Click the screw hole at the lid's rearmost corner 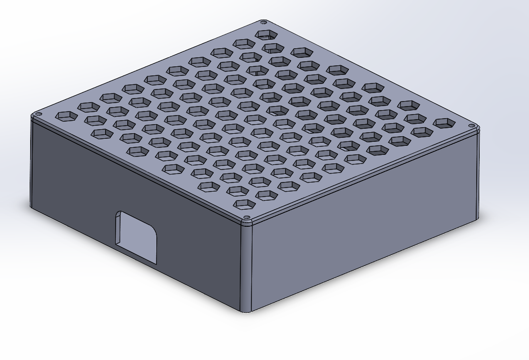click(263, 23)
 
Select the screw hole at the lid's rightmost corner click(471, 126)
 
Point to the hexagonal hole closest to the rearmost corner click(267, 35)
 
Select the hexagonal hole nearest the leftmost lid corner click(66, 116)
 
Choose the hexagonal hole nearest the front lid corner click(245, 204)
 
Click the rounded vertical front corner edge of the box click(246, 266)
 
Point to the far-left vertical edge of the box click(32, 166)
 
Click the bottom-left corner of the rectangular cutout click(117, 245)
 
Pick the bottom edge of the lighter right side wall click(362, 266)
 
